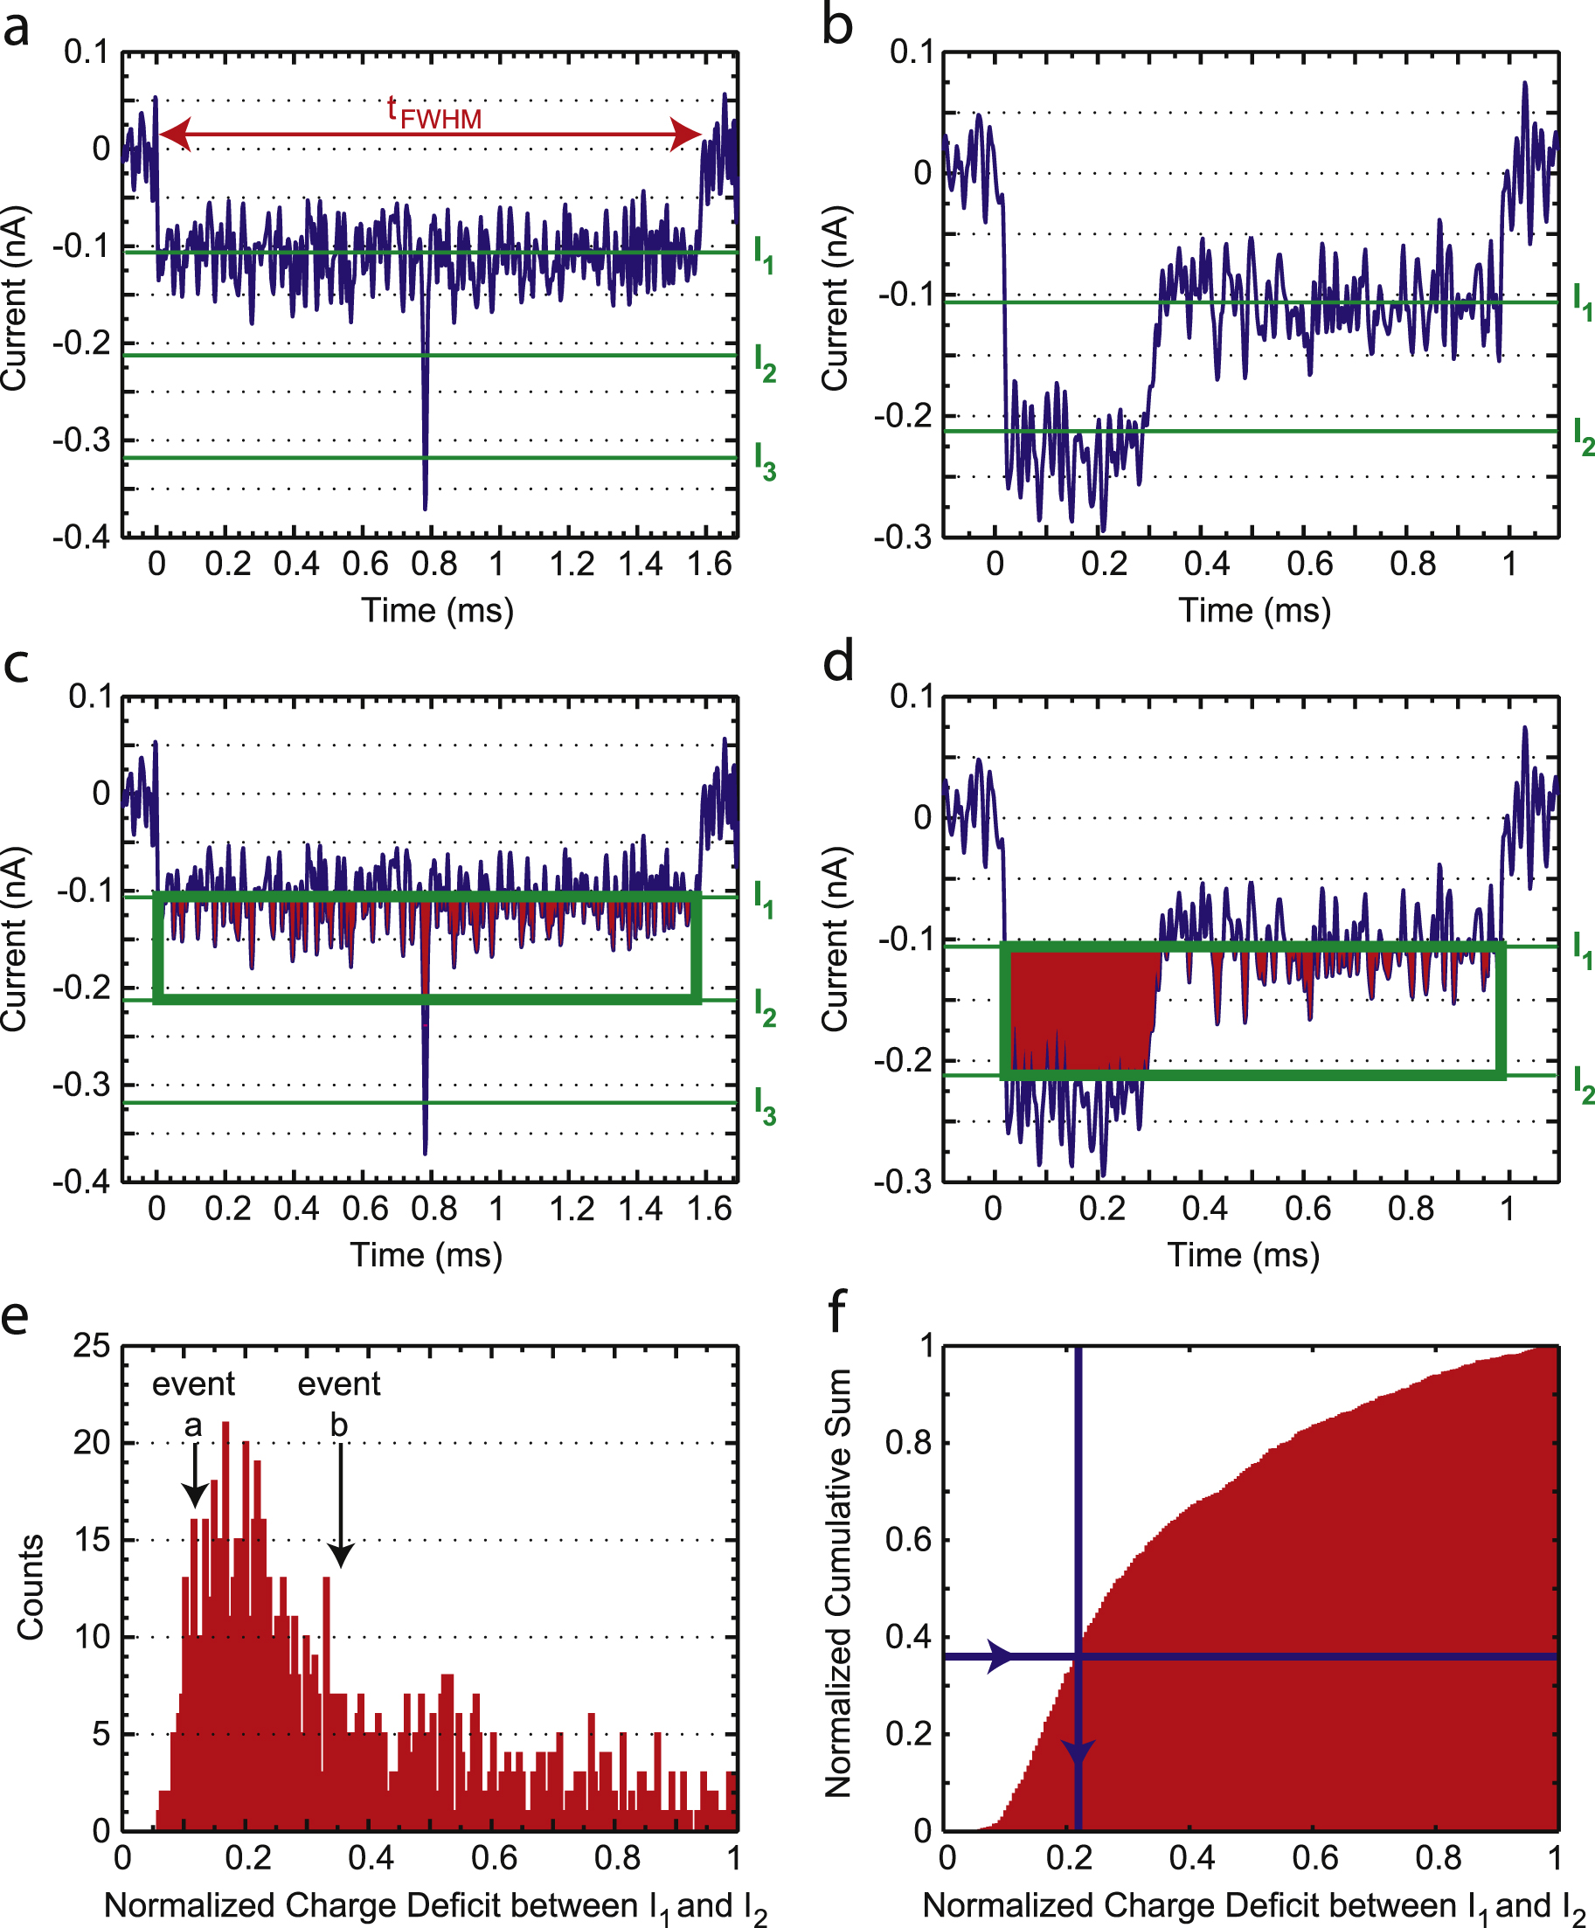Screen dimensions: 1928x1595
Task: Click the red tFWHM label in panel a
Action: point(433,114)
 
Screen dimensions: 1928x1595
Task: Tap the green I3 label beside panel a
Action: point(764,461)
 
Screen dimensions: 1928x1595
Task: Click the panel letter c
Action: point(17,665)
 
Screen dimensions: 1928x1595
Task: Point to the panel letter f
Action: point(836,1313)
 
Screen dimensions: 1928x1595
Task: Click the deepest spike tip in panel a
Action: point(425,507)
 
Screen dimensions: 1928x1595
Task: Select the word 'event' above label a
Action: point(193,1384)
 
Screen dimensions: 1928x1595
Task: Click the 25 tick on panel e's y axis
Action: point(92,1346)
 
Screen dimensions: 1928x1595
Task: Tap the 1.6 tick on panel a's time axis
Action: point(709,564)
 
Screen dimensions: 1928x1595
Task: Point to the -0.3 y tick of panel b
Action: point(902,536)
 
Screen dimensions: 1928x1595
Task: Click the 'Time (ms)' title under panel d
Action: point(1244,1254)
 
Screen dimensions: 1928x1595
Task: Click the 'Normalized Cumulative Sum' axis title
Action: point(837,1583)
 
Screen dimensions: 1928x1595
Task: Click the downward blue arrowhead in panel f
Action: point(1078,1751)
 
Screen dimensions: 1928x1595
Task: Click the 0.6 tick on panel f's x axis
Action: point(1315,1858)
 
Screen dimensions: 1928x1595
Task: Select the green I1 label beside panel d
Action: point(1582,949)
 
